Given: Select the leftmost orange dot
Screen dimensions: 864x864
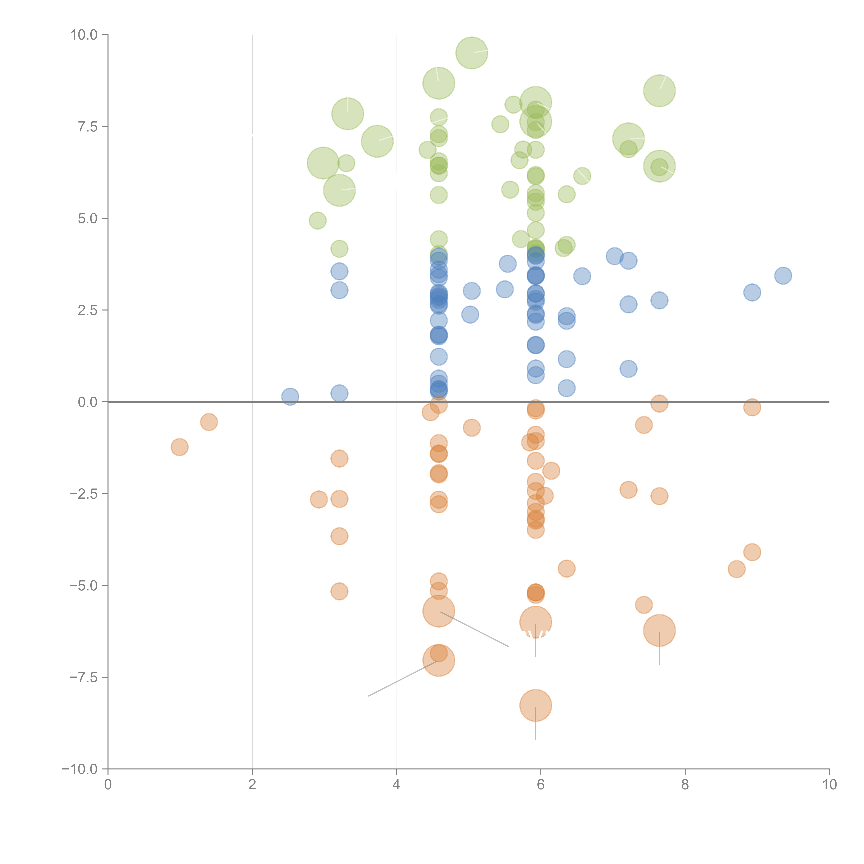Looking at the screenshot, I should pyautogui.click(x=179, y=447).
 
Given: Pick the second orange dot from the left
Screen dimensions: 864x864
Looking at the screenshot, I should pyautogui.click(x=209, y=422).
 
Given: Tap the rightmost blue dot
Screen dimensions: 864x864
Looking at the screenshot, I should pyautogui.click(x=783, y=275).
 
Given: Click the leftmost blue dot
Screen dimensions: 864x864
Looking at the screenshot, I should pyautogui.click(x=290, y=396).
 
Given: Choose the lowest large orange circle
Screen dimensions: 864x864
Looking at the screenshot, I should pyautogui.click(x=535, y=705).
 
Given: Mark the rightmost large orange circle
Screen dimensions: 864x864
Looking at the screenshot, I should pyautogui.click(x=659, y=630).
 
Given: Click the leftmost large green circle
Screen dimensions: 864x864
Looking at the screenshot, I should pyautogui.click(x=323, y=163).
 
